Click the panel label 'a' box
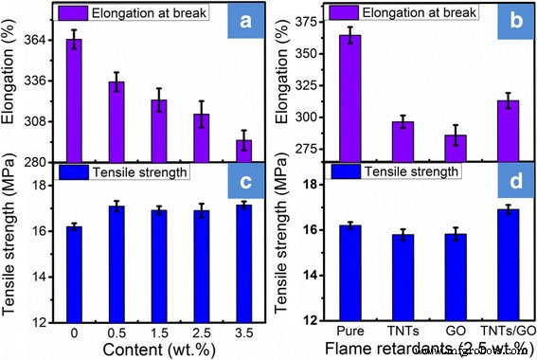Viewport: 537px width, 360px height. (x=245, y=25)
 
